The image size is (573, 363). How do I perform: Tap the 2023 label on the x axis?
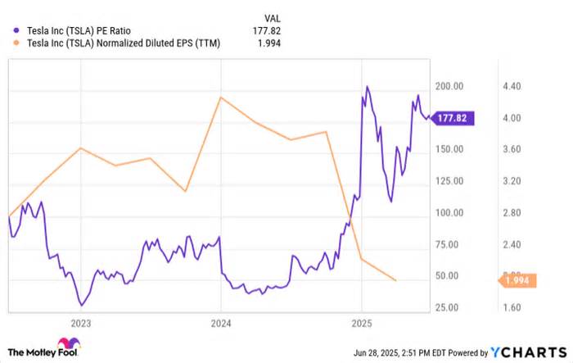[x=81, y=323]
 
